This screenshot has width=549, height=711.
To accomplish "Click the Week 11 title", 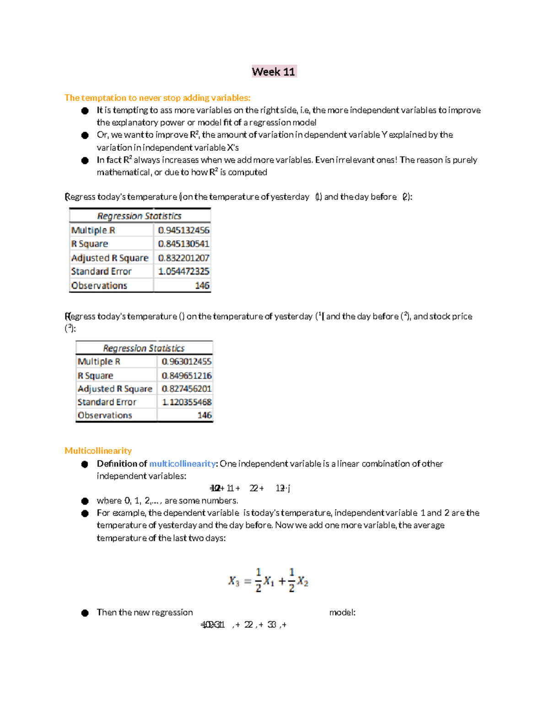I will point(274,72).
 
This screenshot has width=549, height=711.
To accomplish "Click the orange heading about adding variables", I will point(157,98).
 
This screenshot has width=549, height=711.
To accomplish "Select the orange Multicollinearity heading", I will point(98,450).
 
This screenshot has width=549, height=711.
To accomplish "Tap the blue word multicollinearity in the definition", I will point(182,463).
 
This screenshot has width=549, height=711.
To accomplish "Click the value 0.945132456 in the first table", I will point(183,230).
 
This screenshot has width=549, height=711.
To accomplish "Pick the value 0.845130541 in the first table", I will point(183,244).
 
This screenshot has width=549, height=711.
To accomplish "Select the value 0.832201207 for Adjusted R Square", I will point(183,258).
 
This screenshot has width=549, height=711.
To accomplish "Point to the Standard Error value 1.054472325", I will point(183,271).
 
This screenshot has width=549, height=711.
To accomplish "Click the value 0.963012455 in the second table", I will point(186,362).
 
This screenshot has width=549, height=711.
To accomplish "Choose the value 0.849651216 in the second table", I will point(186,375).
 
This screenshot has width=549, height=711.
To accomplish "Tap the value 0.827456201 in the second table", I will point(186,389).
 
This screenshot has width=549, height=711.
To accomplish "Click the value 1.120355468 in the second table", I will point(186,402).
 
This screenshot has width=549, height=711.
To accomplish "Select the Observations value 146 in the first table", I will point(202,286).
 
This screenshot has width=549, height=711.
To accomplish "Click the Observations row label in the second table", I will point(105,415).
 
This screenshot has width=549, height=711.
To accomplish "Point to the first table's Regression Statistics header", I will point(139,216).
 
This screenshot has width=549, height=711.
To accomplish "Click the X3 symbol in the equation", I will point(233,581).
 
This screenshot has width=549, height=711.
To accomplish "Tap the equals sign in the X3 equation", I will point(248,581).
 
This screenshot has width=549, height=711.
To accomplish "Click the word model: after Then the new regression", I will point(342,613).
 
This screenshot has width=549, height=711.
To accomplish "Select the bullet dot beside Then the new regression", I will point(85,613).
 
